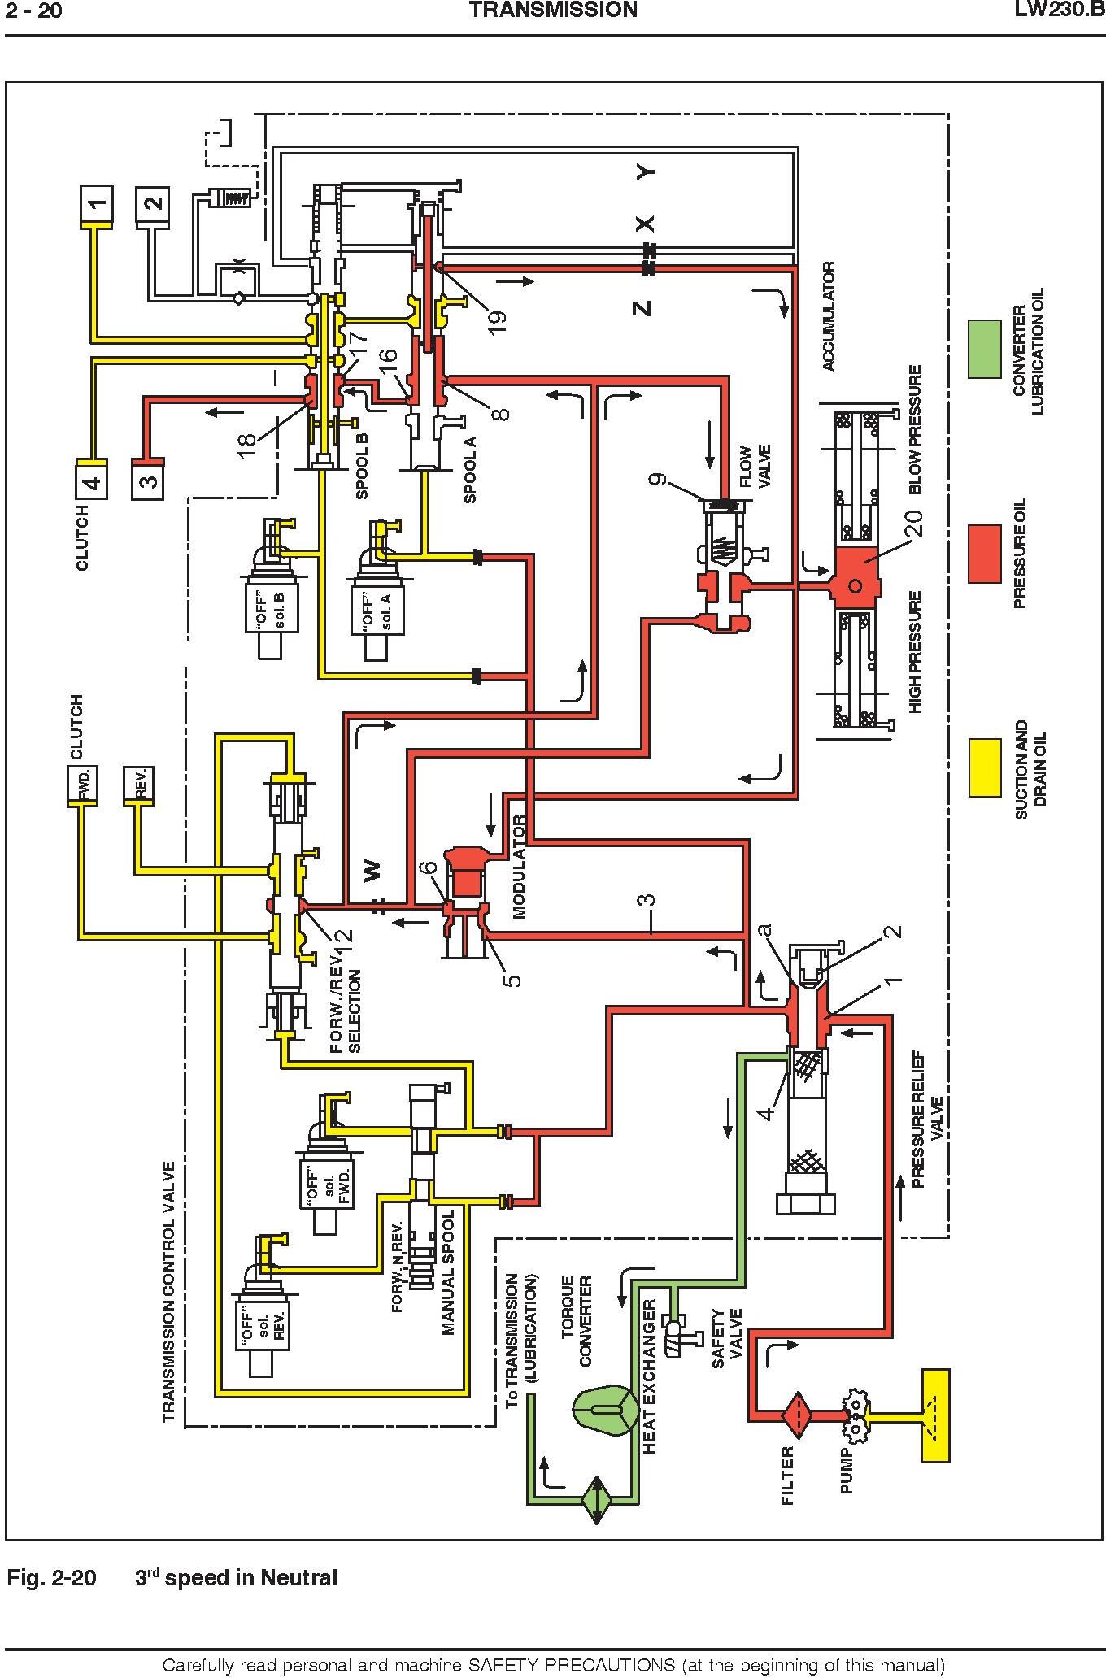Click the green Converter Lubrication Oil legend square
[984, 350]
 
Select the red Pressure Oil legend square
[984, 554]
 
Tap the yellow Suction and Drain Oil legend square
[984, 767]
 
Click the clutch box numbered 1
[96, 206]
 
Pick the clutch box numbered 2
[153, 206]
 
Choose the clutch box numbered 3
[148, 478]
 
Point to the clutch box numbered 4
[92, 478]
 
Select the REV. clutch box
[138, 785]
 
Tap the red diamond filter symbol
[799, 1413]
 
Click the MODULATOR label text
[520, 867]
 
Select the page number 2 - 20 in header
[35, 11]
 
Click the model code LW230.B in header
[1058, 11]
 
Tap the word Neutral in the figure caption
[300, 1578]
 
